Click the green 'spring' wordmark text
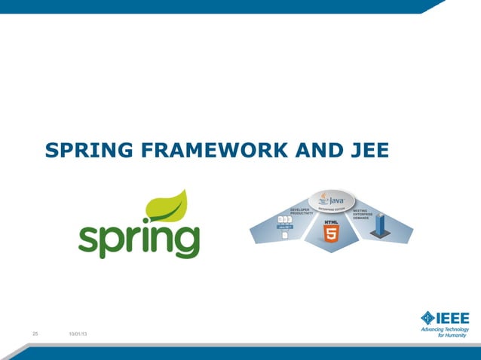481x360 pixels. pos(139,239)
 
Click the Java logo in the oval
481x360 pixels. pos(330,200)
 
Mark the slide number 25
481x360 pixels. pos(35,334)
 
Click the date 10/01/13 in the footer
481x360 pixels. pos(77,334)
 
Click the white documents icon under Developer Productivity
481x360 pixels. pos(285,234)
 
